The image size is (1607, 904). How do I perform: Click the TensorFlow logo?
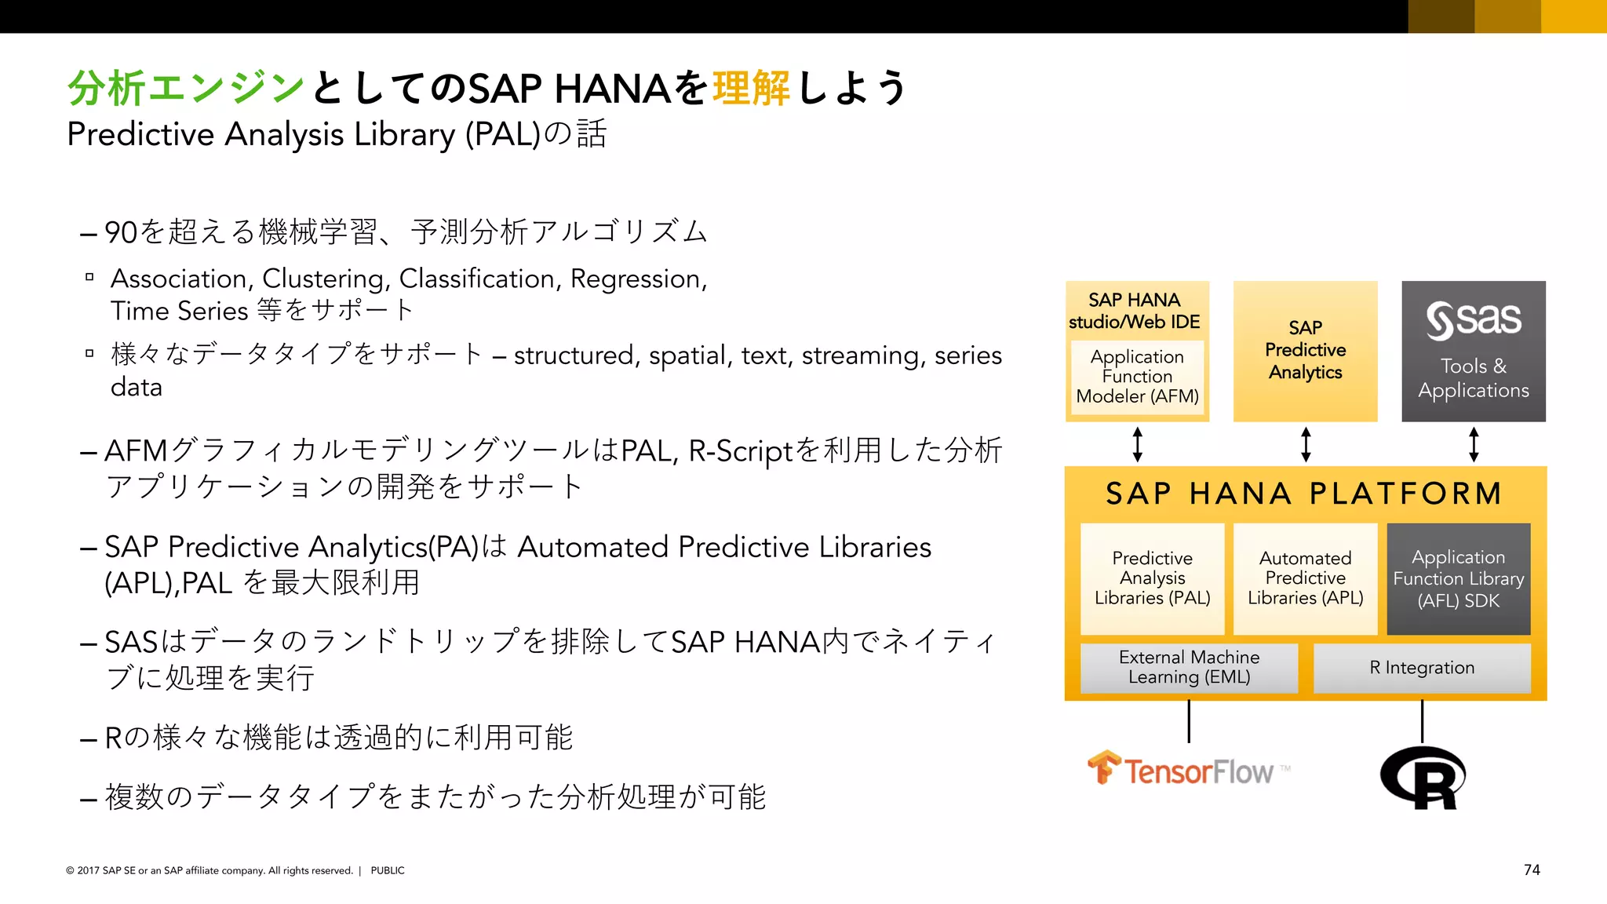pyautogui.click(x=1188, y=770)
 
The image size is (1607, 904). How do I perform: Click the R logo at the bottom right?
pyautogui.click(x=1423, y=778)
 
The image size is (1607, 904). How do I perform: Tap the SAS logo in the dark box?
pyautogui.click(x=1474, y=320)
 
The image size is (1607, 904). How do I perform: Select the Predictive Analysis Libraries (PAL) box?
pyautogui.click(x=1152, y=578)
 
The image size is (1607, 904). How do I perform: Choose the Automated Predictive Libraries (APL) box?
pyautogui.click(x=1305, y=578)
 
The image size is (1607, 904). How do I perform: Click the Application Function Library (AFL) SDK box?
pyautogui.click(x=1458, y=578)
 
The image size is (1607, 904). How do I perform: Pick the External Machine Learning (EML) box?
pyautogui.click(x=1189, y=668)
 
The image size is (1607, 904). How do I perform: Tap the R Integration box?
pyautogui.click(x=1422, y=668)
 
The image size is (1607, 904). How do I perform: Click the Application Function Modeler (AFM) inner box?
pyautogui.click(x=1137, y=377)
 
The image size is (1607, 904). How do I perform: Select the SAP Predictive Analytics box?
pyautogui.click(x=1305, y=351)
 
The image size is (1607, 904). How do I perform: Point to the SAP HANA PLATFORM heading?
pyautogui.click(x=1304, y=494)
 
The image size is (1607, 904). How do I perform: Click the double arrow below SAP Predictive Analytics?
pyautogui.click(x=1306, y=444)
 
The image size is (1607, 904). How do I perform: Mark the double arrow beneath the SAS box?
pyautogui.click(x=1474, y=444)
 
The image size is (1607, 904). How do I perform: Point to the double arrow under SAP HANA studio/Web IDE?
pyautogui.click(x=1138, y=444)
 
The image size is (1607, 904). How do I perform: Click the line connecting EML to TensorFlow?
pyautogui.click(x=1189, y=721)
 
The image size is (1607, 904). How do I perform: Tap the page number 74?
pyautogui.click(x=1532, y=869)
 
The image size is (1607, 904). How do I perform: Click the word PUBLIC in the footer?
pyautogui.click(x=388, y=870)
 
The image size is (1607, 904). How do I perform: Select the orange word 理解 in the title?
pyautogui.click(x=751, y=88)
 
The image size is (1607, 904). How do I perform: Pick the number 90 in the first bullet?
pyautogui.click(x=121, y=232)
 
